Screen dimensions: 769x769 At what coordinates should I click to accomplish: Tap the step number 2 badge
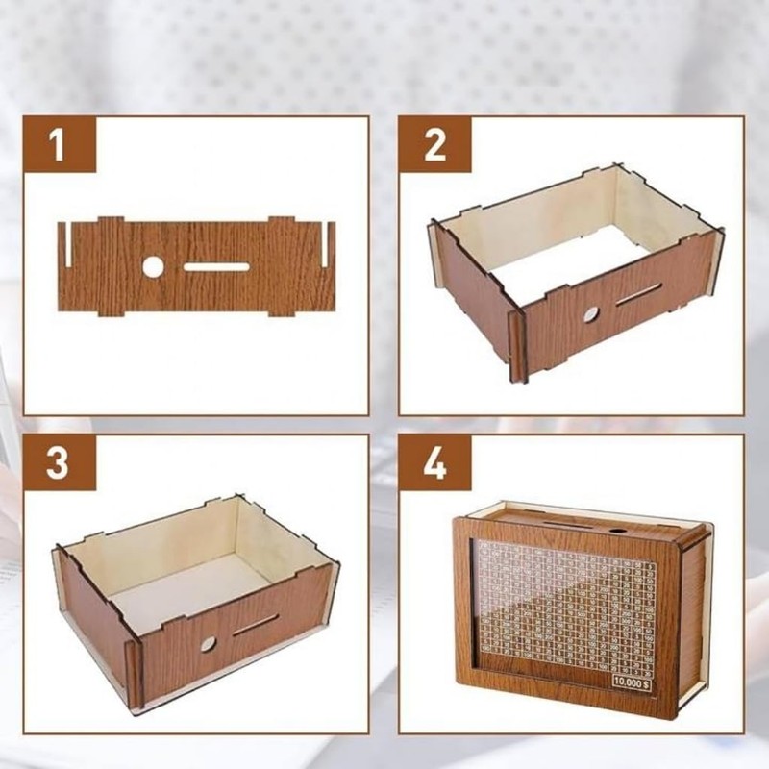(434, 147)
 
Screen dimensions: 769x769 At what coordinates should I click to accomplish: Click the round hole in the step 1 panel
(154, 266)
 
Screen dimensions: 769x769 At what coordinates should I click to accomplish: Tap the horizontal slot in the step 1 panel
(216, 266)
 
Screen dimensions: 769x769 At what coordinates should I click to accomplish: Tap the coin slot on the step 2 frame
(637, 296)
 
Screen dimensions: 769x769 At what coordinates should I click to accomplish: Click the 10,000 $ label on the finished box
(630, 682)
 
